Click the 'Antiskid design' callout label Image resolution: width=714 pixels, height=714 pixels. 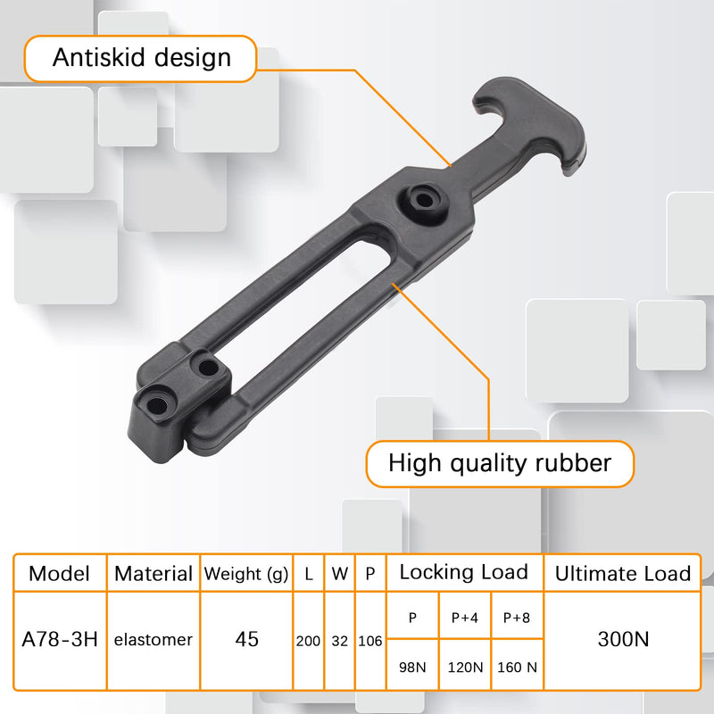(x=141, y=59)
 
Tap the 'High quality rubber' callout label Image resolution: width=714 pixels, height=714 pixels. (x=500, y=463)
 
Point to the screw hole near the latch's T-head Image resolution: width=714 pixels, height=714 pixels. (x=425, y=200)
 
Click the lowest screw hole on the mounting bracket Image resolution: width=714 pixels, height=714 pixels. (x=157, y=405)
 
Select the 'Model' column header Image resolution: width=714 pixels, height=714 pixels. (x=59, y=573)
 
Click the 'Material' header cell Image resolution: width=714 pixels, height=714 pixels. (x=154, y=574)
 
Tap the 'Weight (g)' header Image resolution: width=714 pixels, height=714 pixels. (x=246, y=574)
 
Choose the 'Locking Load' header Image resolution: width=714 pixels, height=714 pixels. (x=464, y=572)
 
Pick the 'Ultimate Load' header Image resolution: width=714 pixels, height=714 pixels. (x=622, y=573)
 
